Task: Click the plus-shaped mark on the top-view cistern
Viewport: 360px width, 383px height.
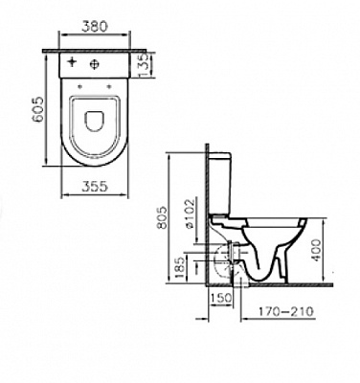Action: click(x=76, y=63)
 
